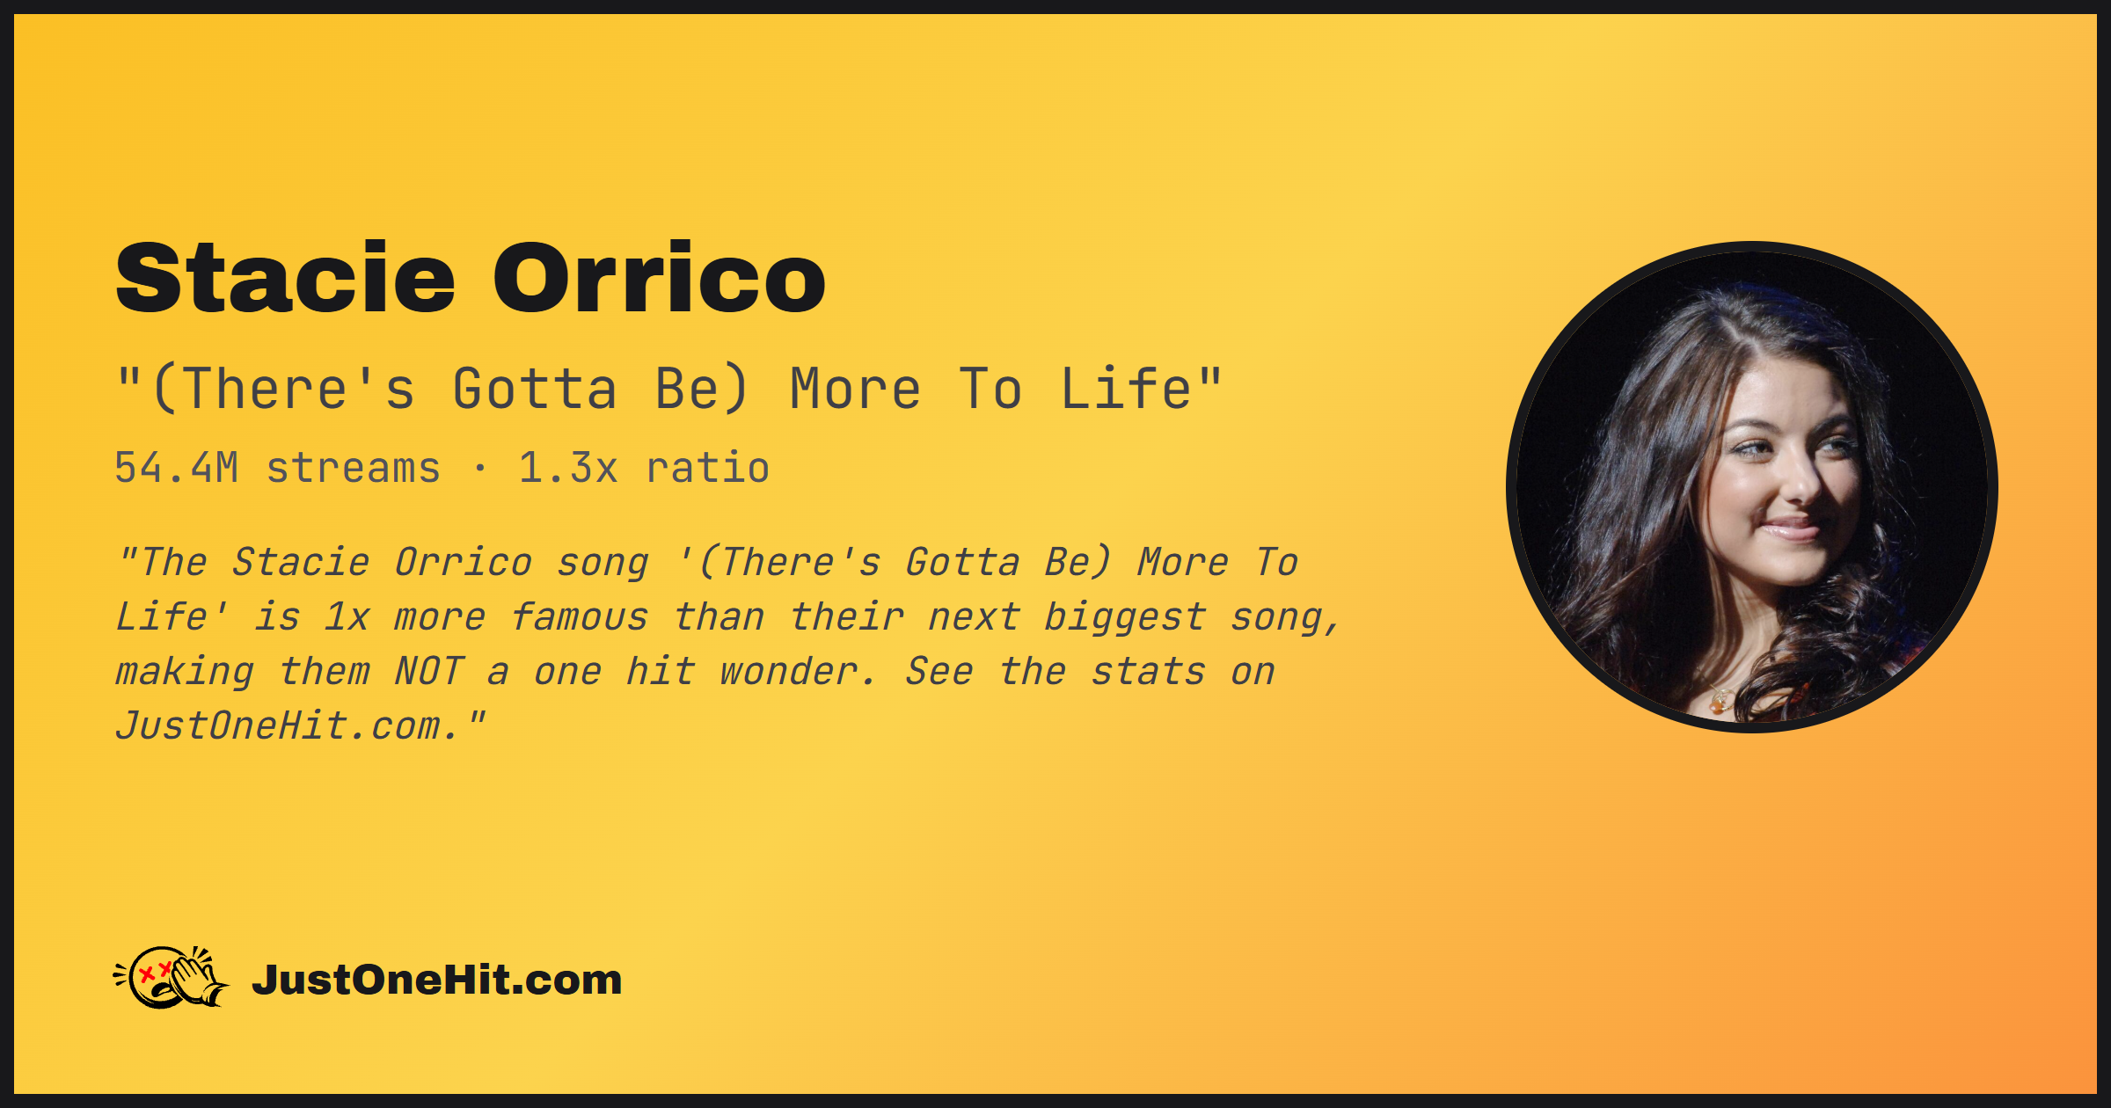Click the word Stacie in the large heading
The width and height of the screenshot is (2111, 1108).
[286, 277]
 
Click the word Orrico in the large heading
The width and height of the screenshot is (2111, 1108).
[660, 277]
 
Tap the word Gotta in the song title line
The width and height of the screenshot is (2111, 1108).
[535, 389]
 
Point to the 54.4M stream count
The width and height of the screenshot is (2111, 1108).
[177, 468]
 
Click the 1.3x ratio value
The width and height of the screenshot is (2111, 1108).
[568, 468]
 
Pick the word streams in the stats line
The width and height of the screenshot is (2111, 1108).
[354, 468]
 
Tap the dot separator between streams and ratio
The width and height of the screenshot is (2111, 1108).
[479, 469]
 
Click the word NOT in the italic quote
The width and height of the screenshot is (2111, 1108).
[429, 672]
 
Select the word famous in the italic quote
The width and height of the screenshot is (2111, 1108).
[580, 617]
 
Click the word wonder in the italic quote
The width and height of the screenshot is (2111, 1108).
[788, 672]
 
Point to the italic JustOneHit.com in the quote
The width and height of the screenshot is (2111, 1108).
[289, 726]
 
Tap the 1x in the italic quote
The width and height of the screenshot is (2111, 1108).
[347, 617]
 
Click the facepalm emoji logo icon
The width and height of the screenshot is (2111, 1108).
[172, 977]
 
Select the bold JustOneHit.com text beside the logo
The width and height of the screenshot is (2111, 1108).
[437, 980]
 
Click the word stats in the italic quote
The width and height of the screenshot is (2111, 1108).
[1148, 672]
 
